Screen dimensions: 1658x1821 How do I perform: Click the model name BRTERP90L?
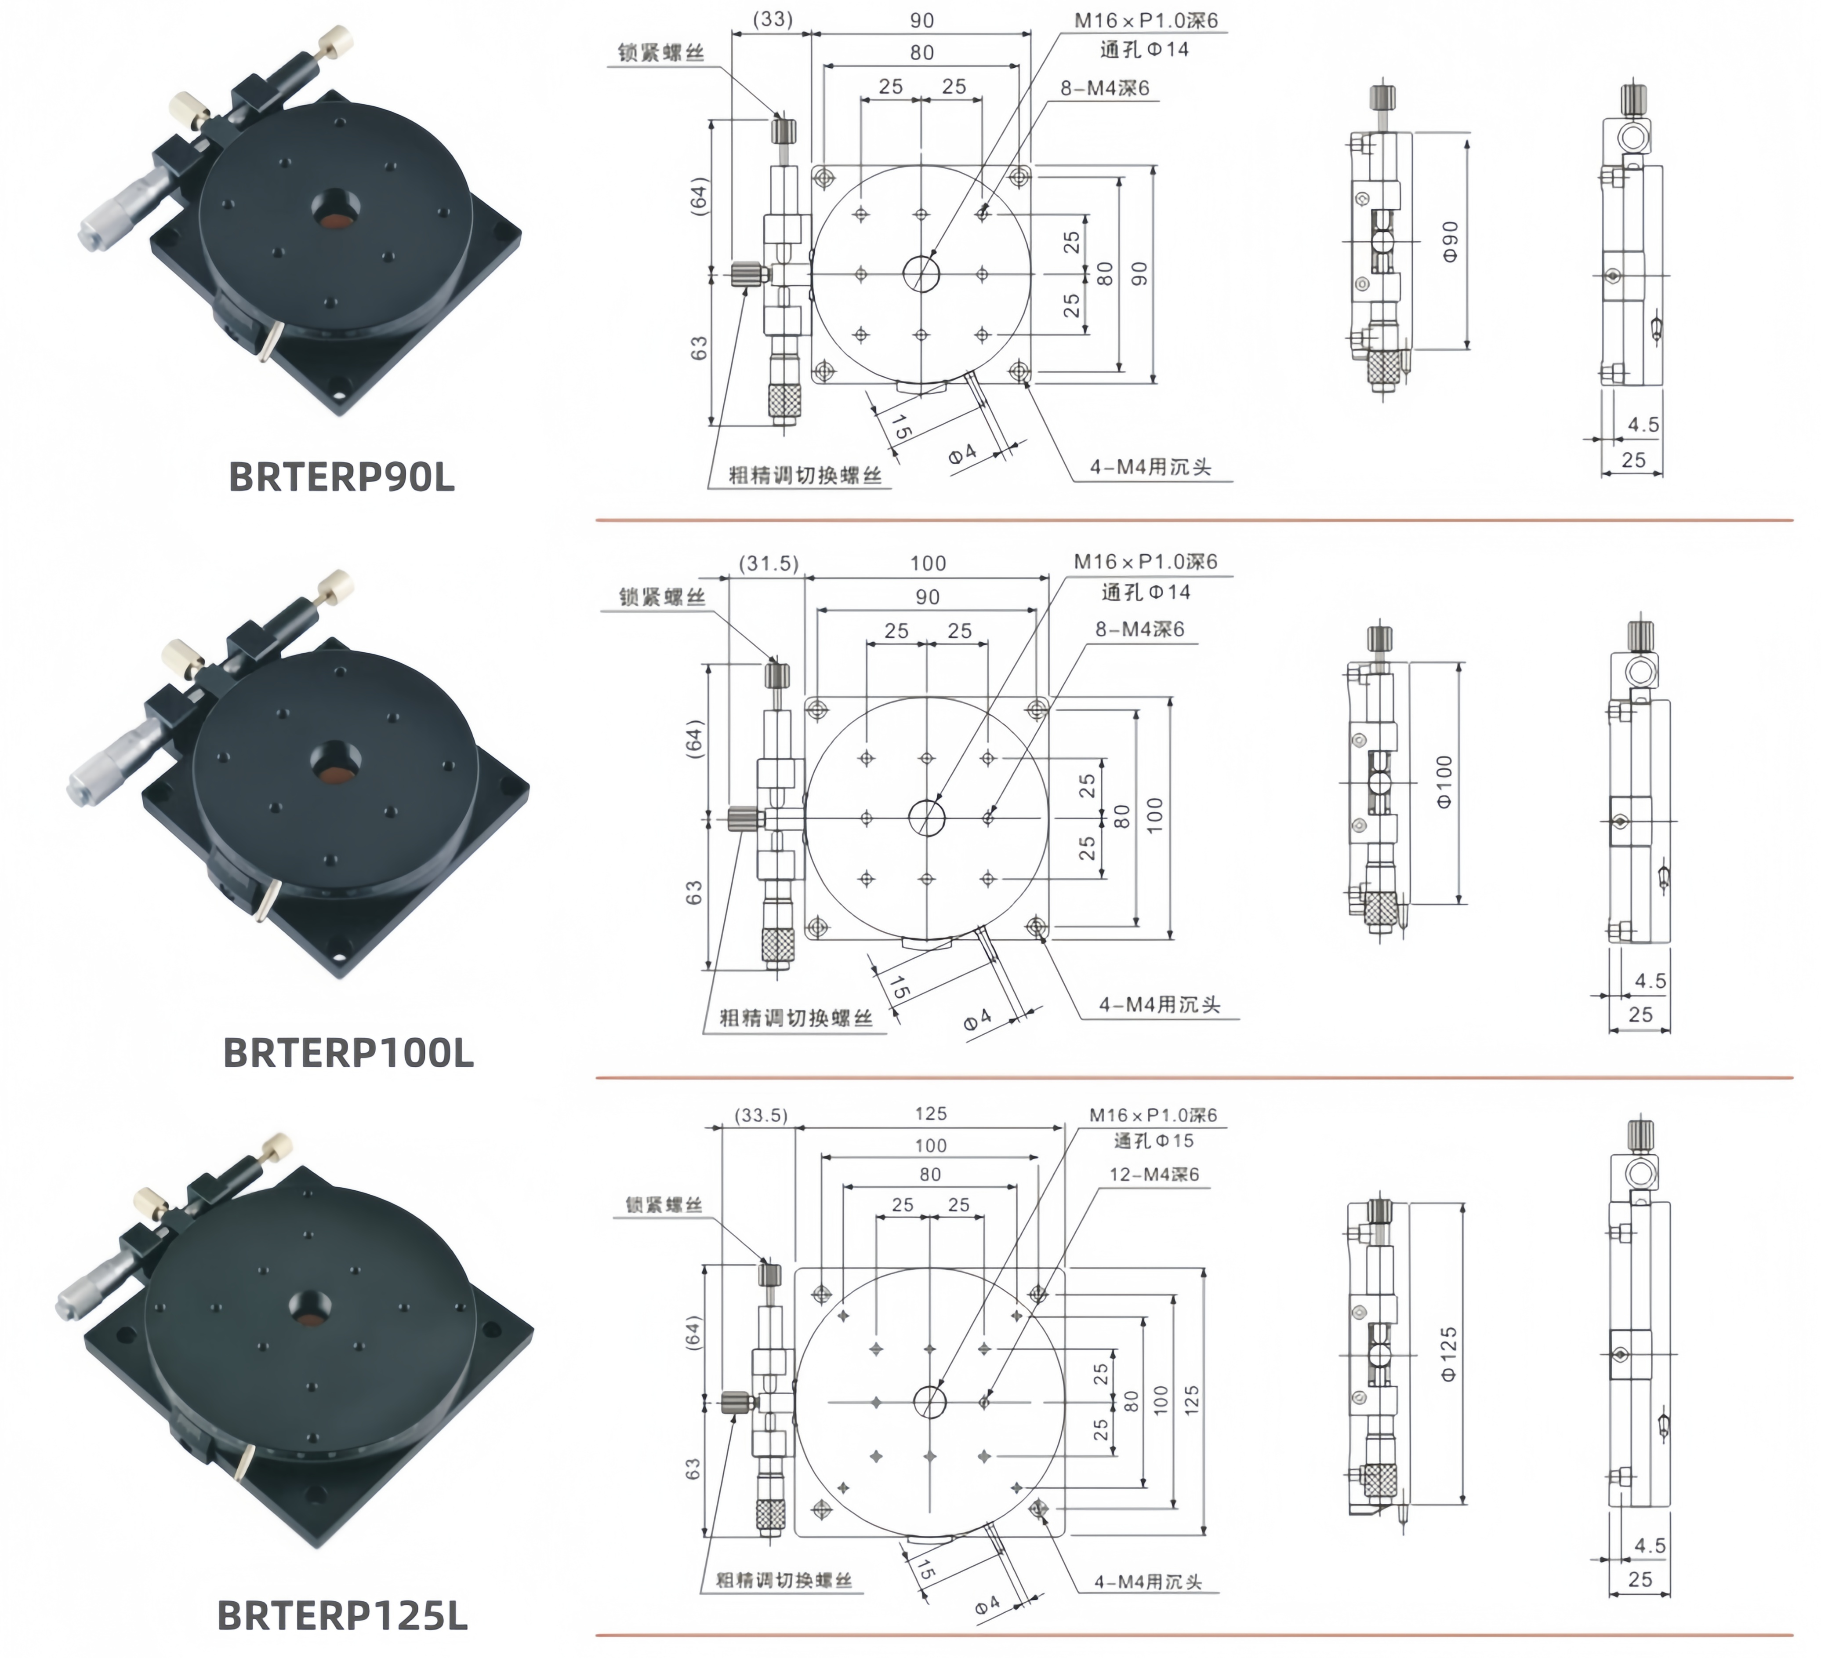pos(341,477)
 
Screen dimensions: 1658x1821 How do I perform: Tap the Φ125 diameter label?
pos(1449,1353)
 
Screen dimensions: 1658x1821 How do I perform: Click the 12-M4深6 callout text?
pos(1154,1174)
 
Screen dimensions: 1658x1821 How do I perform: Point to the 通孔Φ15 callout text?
pos(1154,1141)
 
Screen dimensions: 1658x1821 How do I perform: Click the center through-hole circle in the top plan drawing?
pos(921,273)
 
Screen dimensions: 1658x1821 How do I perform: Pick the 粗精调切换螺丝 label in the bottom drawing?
pos(784,1580)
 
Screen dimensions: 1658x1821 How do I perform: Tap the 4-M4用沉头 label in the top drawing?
pos(1150,467)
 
